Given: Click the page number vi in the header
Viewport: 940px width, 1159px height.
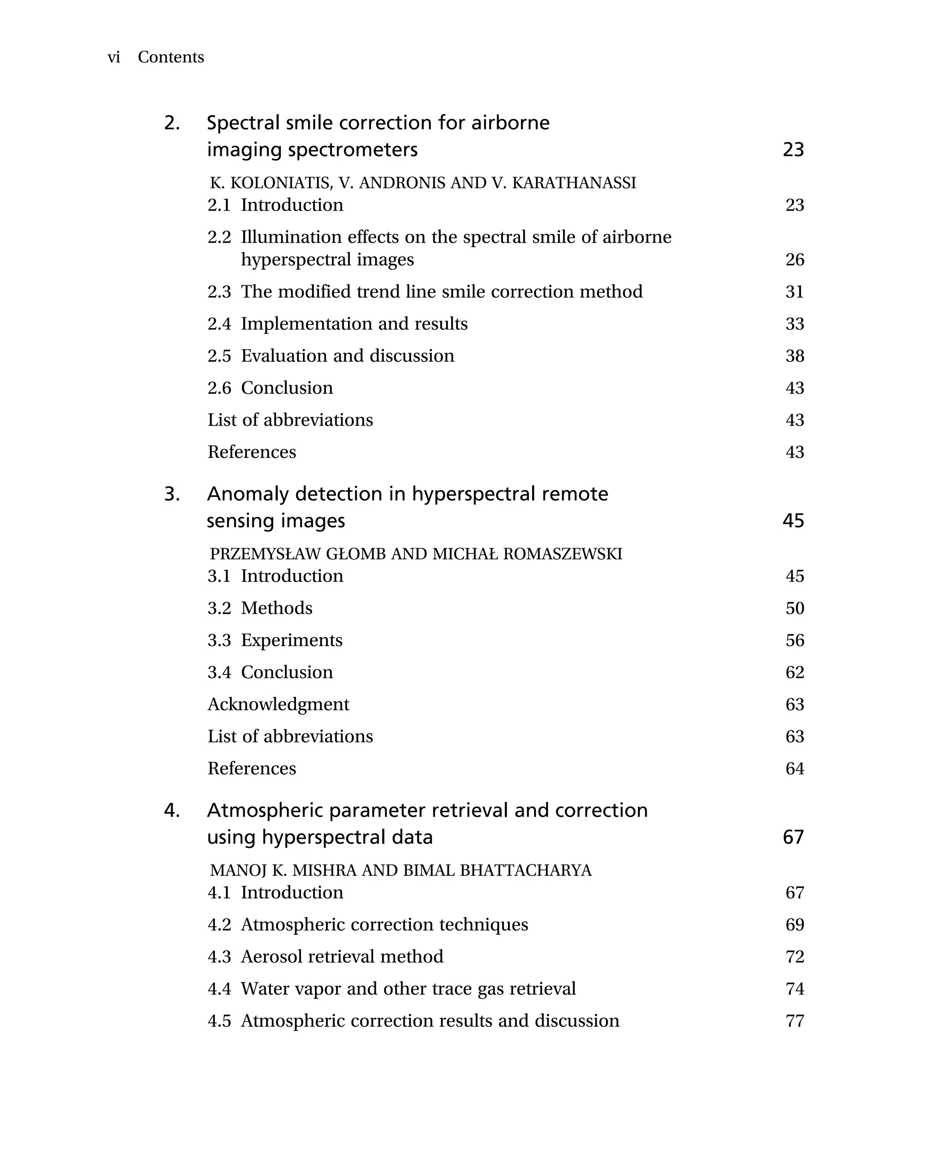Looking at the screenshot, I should click(x=114, y=57).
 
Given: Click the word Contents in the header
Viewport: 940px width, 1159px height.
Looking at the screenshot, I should click(x=171, y=57).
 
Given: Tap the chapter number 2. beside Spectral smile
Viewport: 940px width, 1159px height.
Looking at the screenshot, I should click(x=172, y=123).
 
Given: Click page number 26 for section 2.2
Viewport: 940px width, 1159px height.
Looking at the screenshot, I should click(x=795, y=260).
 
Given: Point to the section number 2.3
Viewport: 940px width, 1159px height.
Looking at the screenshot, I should click(x=219, y=292).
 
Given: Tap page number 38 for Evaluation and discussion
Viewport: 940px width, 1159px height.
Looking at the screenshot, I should click(x=795, y=356).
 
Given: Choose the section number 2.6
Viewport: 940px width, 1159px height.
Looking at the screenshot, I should click(x=219, y=388).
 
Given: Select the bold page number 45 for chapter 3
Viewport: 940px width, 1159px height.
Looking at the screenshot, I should click(x=793, y=521).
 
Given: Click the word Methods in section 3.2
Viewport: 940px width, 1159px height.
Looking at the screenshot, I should click(x=276, y=608).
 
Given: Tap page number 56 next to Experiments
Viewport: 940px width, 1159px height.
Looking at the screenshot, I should click(x=795, y=641).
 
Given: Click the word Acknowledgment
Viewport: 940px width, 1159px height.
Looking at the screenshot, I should click(x=278, y=704).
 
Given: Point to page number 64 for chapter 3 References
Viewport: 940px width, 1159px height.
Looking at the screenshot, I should click(x=795, y=769).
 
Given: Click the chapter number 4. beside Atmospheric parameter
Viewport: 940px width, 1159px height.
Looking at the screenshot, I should click(x=172, y=811).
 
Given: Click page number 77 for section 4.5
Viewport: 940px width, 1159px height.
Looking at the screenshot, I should click(x=795, y=1021).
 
